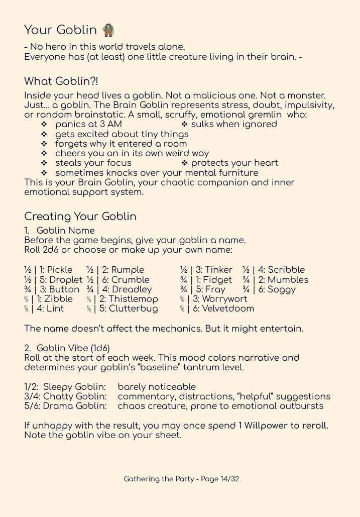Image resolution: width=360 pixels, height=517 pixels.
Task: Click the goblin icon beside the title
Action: pos(108,30)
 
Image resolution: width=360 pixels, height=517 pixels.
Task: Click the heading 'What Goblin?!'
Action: pos(61,81)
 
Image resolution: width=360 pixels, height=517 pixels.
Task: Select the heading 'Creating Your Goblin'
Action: pos(80,217)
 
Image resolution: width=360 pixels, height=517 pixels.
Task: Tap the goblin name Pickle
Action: pos(59,270)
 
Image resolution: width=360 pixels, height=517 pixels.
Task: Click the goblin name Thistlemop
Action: pos(133,299)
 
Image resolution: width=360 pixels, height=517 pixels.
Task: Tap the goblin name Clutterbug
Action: pos(133,308)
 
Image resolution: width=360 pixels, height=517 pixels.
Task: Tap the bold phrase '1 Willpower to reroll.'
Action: pos(283,426)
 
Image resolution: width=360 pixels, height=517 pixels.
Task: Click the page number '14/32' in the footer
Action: pos(229,479)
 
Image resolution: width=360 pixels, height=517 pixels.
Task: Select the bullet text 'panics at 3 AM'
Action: pos(88,124)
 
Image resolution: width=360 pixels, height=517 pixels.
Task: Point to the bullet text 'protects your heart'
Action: pos(234,163)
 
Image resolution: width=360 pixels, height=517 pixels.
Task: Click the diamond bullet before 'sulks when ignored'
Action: pos(184,124)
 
